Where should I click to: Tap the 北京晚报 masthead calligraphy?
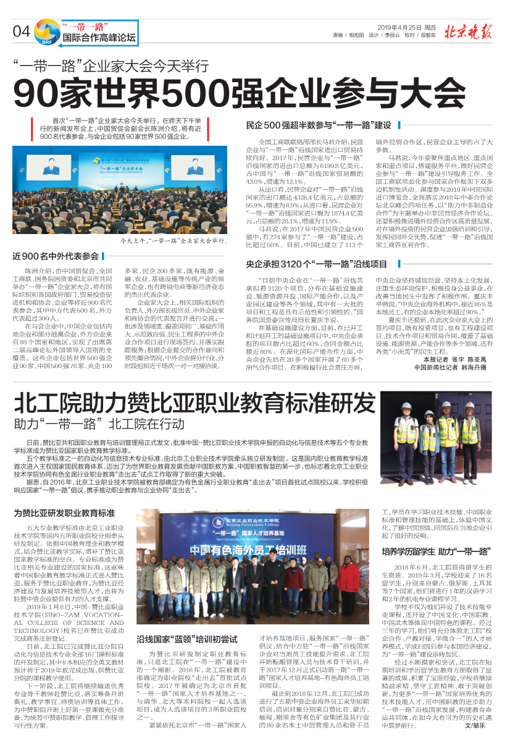click(469, 31)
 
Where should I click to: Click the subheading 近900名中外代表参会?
click(56, 256)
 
